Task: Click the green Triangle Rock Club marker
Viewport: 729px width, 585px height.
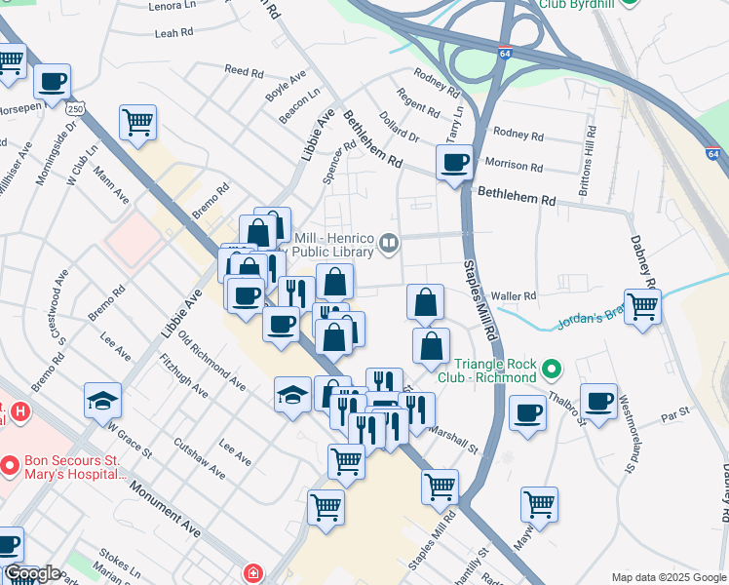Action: [552, 369]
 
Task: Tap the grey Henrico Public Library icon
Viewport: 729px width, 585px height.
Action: [389, 242]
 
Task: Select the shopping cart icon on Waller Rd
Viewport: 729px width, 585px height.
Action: [642, 306]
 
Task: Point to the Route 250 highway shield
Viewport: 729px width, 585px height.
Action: [76, 110]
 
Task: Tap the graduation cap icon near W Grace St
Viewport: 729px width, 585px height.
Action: [102, 401]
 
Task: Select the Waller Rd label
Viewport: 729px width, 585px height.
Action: [515, 295]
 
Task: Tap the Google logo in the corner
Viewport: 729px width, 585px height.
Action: [31, 573]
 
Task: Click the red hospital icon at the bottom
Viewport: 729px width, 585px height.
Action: [253, 573]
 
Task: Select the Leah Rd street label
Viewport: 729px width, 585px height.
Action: [175, 33]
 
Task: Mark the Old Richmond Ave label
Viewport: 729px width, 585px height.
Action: [211, 360]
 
